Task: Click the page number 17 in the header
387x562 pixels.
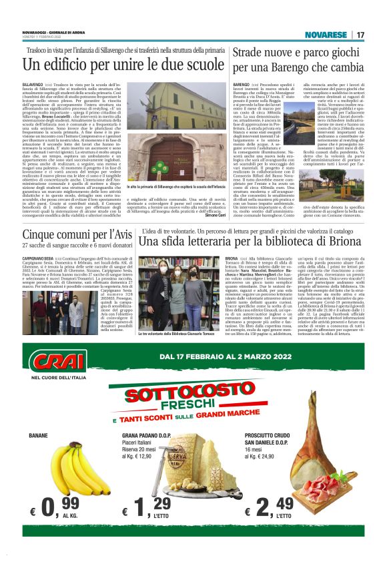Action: click(360, 35)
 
